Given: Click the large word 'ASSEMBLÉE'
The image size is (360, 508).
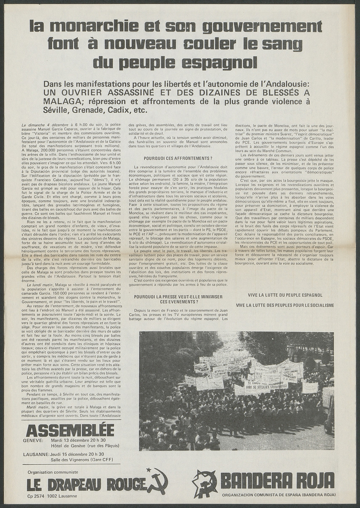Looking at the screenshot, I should (70, 430).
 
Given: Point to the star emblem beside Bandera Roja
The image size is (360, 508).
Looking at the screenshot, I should (204, 484).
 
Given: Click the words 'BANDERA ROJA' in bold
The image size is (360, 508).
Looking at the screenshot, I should (278, 481).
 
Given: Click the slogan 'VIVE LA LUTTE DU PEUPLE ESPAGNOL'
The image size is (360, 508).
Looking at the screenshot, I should (285, 295).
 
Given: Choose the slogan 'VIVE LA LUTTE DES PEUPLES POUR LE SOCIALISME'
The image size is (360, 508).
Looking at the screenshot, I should (285, 305).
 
